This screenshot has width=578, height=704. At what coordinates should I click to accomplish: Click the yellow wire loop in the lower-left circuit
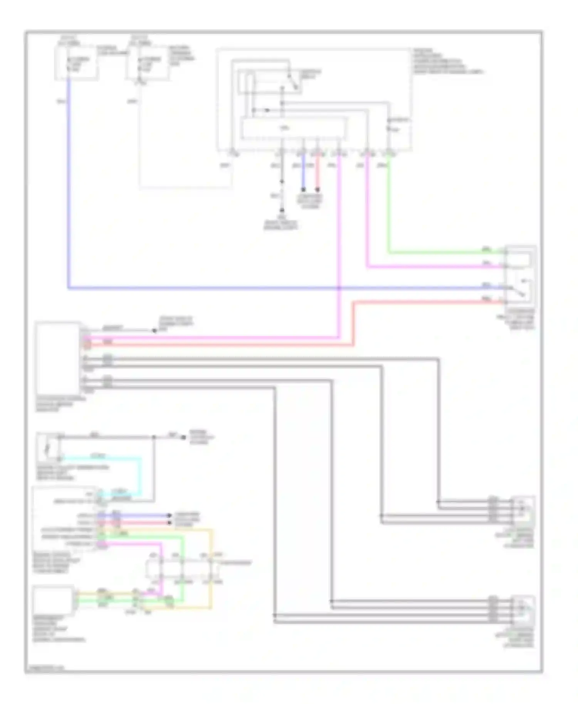tap(211, 570)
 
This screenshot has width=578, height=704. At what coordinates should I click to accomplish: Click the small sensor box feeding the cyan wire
tap(48, 448)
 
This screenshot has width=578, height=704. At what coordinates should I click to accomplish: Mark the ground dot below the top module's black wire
tap(282, 210)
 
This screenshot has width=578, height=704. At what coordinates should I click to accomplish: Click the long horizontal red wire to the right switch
tap(424, 302)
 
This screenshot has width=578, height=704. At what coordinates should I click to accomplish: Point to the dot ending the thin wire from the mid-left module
tap(154, 330)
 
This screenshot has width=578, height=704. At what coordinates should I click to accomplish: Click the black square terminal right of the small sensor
tap(183, 437)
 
